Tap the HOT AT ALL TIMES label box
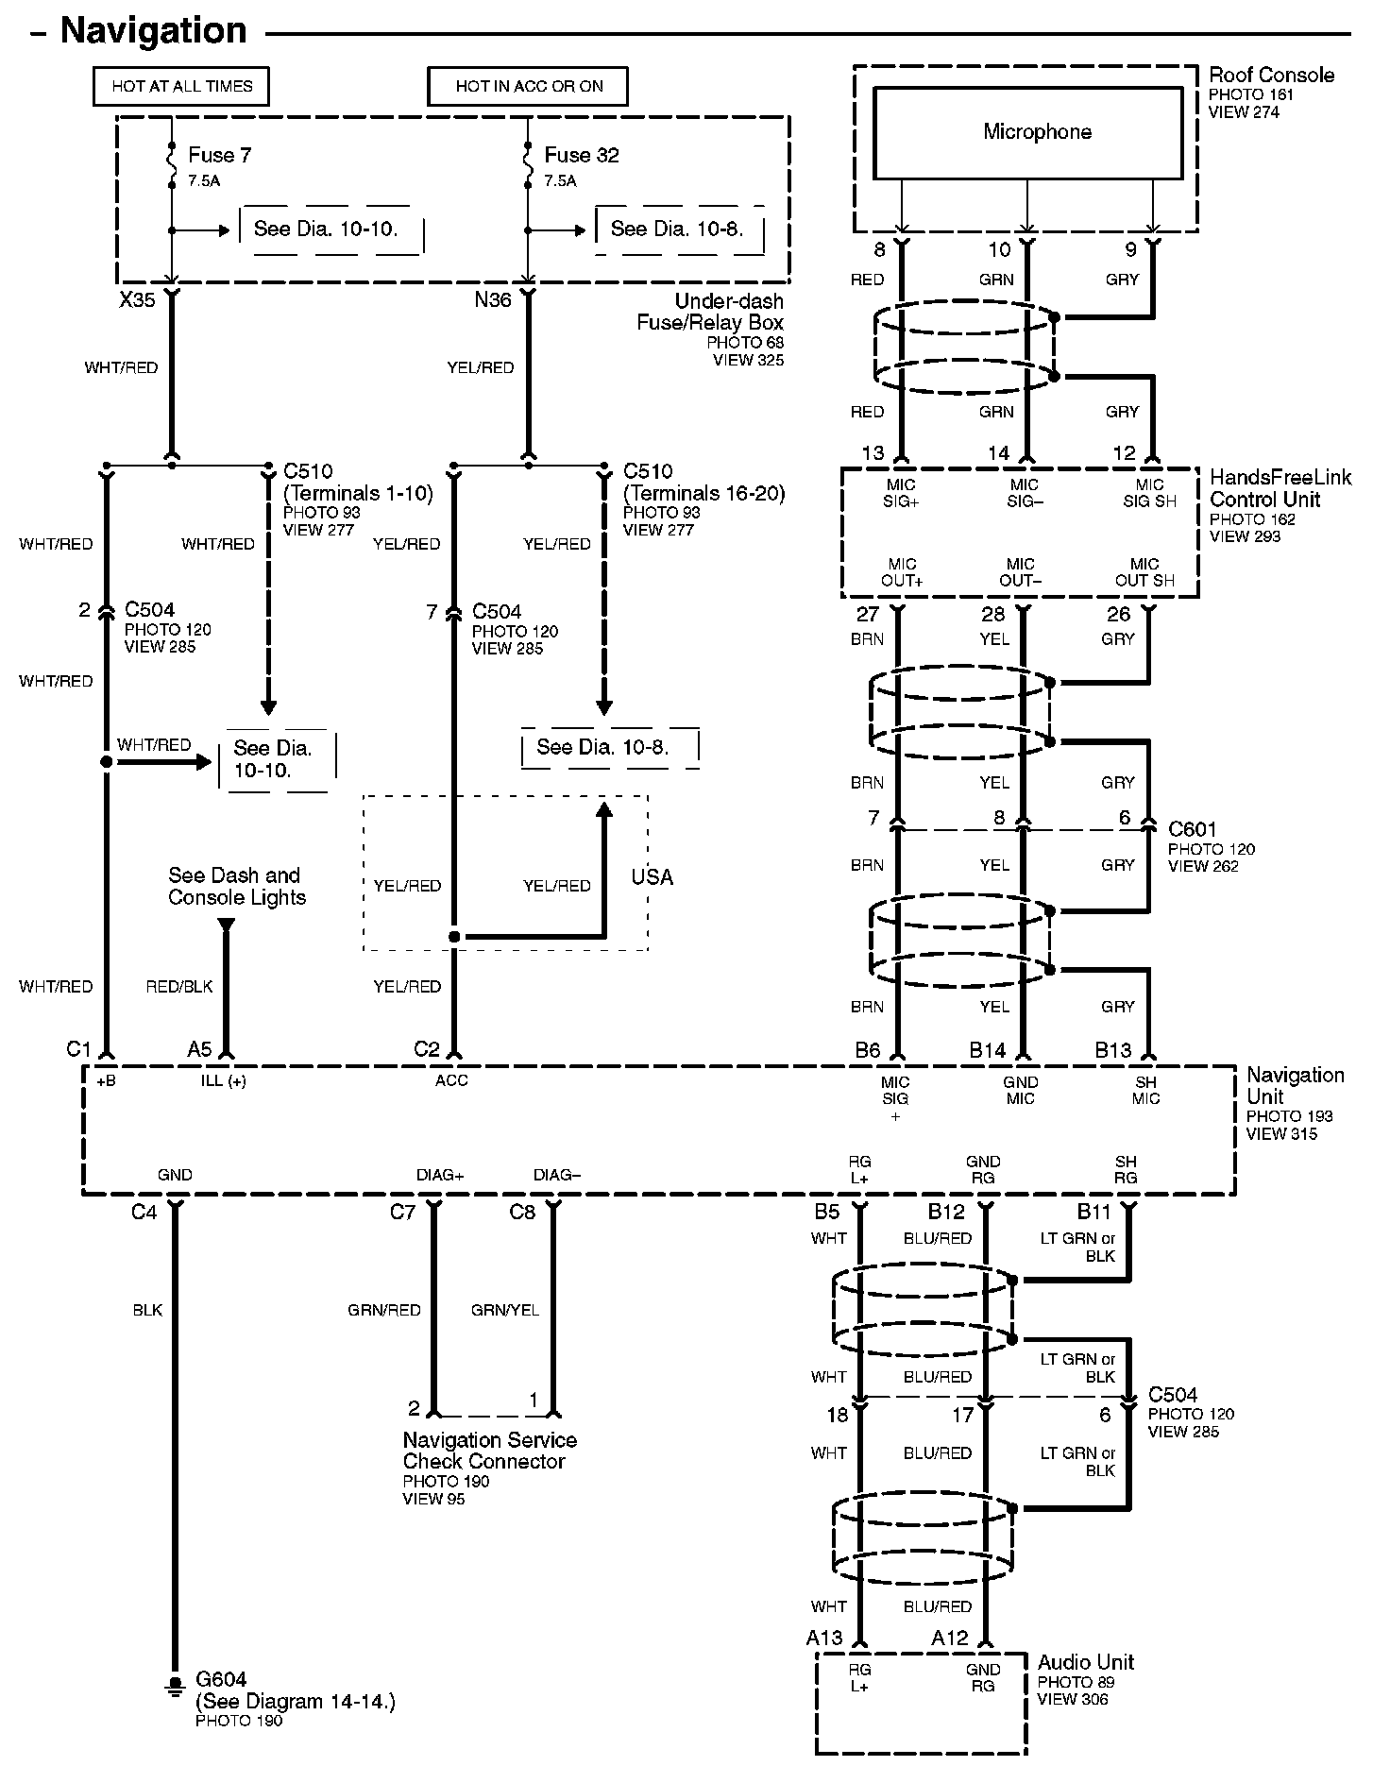pyautogui.click(x=181, y=86)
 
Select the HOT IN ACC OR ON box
pyautogui.click(x=528, y=86)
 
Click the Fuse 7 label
pyautogui.click(x=219, y=155)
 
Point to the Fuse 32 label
pyautogui.click(x=581, y=155)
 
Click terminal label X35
pyautogui.click(x=137, y=300)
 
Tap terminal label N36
pyautogui.click(x=493, y=300)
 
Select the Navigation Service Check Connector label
pyautogui.click(x=489, y=1451)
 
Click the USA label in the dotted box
pyautogui.click(x=652, y=877)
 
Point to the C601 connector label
pyautogui.click(x=1192, y=829)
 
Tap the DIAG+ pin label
pyautogui.click(x=440, y=1175)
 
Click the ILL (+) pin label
pyautogui.click(x=224, y=1080)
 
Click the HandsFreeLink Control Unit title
pyautogui.click(x=1280, y=488)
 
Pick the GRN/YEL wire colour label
pyautogui.click(x=504, y=1310)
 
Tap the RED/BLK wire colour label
pyautogui.click(x=179, y=986)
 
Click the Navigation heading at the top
pyautogui.click(x=153, y=30)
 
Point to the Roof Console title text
pyautogui.click(x=1271, y=75)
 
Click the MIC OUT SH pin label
pyautogui.click(x=1144, y=572)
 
